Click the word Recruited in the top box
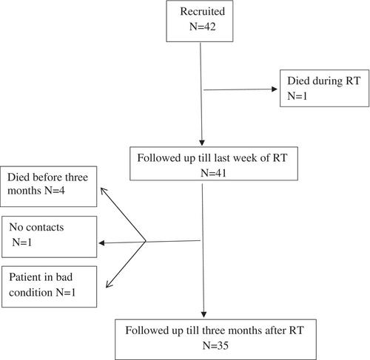click(202, 12)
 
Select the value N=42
click(203, 27)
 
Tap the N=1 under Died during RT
click(297, 96)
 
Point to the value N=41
click(214, 173)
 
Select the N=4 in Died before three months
click(55, 191)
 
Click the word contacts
click(45, 228)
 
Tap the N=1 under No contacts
click(22, 242)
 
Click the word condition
click(30, 293)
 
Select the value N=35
click(215, 345)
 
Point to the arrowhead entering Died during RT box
click(275, 89)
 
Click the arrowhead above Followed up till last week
click(202, 143)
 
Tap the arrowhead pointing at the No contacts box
click(101, 243)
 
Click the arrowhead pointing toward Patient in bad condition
click(109, 284)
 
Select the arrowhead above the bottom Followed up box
click(203, 315)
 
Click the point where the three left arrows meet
click(146, 242)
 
